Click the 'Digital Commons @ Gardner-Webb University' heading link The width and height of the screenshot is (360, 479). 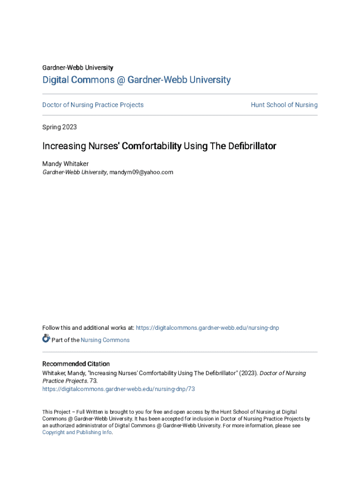pyautogui.click(x=137, y=80)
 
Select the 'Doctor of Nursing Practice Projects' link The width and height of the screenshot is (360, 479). pyautogui.click(x=93, y=105)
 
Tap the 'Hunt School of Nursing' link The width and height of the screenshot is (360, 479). pyautogui.click(x=284, y=105)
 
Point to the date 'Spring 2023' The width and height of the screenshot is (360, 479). pyautogui.click(x=59, y=127)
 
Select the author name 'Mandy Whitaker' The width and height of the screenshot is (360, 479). pyautogui.click(x=65, y=164)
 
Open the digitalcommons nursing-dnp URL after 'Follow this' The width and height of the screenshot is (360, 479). pyautogui.click(x=207, y=328)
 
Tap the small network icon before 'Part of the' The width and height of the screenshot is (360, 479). pyautogui.click(x=46, y=339)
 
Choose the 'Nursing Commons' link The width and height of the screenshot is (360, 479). pyautogui.click(x=105, y=340)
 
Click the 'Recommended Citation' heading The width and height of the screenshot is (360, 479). pyautogui.click(x=76, y=364)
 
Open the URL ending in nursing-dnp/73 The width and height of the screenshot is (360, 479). pyautogui.click(x=119, y=389)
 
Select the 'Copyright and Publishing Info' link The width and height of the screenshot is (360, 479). pyautogui.click(x=77, y=432)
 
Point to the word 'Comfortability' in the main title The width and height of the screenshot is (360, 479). pyautogui.click(x=151, y=146)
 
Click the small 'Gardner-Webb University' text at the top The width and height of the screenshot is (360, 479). pyautogui.click(x=78, y=68)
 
